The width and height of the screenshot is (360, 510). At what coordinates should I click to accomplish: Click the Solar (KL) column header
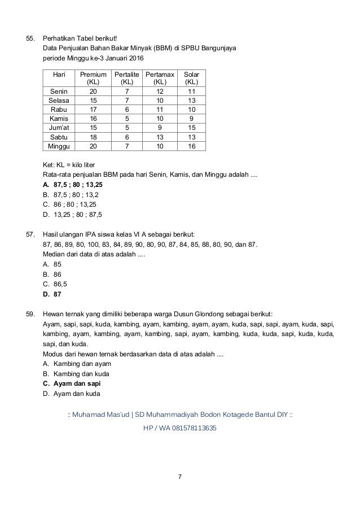[191, 78]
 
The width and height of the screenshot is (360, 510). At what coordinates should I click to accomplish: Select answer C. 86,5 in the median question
[55, 284]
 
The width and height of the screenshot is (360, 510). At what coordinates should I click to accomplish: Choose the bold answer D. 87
[52, 294]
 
